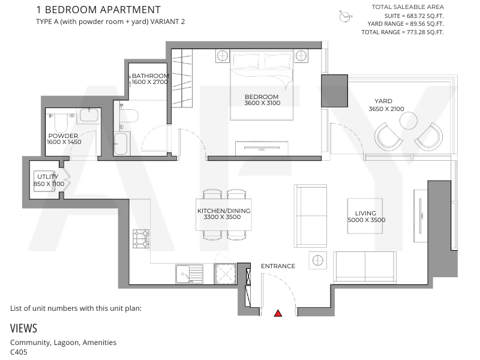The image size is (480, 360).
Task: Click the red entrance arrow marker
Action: click(278, 313)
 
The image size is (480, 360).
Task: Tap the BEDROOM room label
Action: click(262, 97)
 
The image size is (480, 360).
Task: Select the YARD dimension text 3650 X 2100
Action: click(386, 109)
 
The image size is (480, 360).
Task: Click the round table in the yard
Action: click(409, 121)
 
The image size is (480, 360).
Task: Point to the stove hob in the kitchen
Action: click(141, 239)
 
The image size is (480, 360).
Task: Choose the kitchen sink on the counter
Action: click(189, 274)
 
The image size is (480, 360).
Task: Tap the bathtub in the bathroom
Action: click(121, 144)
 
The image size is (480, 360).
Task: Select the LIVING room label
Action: click(365, 213)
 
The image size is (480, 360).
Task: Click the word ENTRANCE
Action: click(278, 266)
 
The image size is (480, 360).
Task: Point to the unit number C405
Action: click(19, 352)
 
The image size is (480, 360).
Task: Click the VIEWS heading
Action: click(23, 328)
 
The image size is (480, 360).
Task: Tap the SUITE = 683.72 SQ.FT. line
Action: click(414, 16)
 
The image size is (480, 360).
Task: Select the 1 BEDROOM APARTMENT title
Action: click(98, 10)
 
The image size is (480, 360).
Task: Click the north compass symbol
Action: click(345, 16)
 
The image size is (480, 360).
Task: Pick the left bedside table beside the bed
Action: click(223, 56)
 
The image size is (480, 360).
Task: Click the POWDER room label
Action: click(63, 136)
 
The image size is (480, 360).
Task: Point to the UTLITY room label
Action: click(47, 176)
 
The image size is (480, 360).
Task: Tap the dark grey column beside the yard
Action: click(334, 91)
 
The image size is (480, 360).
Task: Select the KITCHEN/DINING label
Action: click(224, 211)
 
